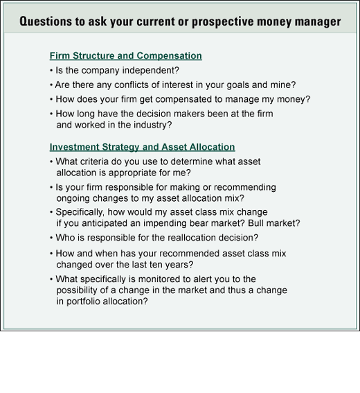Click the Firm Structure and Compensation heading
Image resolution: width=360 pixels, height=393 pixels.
pyautogui.click(x=126, y=56)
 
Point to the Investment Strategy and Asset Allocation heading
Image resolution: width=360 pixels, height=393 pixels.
pyautogui.click(x=142, y=147)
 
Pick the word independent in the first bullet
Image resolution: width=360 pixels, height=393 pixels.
pyautogui.click(x=151, y=71)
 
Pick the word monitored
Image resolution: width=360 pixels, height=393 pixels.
pyautogui.click(x=165, y=279)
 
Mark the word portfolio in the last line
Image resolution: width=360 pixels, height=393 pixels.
pyautogui.click(x=83, y=302)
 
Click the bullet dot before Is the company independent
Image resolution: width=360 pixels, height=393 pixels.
pyautogui.click(x=51, y=71)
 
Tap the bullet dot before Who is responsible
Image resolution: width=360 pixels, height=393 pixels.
pyautogui.click(x=51, y=238)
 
